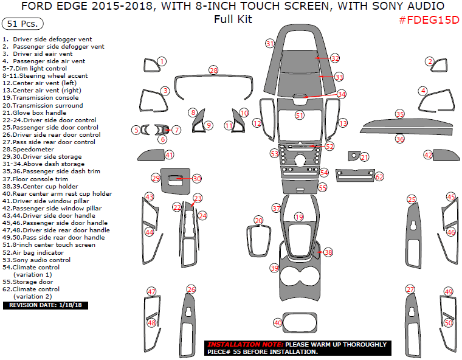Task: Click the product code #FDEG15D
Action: [x=427, y=19]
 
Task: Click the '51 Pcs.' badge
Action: [x=22, y=24]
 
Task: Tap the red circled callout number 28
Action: [x=213, y=71]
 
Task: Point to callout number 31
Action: [x=270, y=43]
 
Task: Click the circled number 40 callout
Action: [x=278, y=323]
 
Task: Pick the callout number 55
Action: [x=323, y=188]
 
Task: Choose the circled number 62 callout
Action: [x=379, y=177]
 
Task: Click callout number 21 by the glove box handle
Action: [x=364, y=157]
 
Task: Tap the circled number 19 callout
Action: [x=298, y=216]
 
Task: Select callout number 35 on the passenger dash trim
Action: [x=399, y=114]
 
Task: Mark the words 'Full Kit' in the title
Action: [x=233, y=19]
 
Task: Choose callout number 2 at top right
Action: [x=429, y=61]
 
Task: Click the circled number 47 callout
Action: [x=151, y=292]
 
